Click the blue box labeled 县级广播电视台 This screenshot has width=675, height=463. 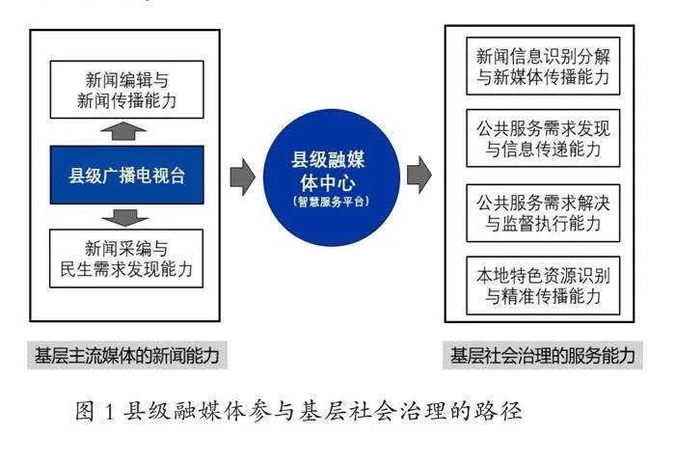(x=127, y=175)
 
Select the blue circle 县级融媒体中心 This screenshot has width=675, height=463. (x=332, y=177)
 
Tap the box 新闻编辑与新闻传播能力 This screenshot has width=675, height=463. (x=127, y=90)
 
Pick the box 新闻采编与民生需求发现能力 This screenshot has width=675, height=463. (x=126, y=259)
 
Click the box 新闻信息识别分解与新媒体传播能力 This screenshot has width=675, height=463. (x=543, y=66)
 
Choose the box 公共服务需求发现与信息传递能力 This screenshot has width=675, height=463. (x=543, y=138)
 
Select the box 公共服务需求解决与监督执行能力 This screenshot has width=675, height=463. (x=543, y=213)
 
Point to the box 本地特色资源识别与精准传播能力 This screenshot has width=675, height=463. (x=543, y=286)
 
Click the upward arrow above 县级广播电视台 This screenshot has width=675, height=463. (x=123, y=131)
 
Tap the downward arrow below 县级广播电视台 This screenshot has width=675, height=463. (x=125, y=218)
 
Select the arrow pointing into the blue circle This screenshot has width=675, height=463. (x=243, y=177)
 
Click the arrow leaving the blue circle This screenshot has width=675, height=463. (x=418, y=175)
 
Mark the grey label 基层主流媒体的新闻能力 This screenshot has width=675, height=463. (x=127, y=356)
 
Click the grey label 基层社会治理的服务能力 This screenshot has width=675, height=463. (x=543, y=356)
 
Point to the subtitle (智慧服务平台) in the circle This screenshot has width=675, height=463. (x=331, y=202)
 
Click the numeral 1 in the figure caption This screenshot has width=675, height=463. (x=108, y=412)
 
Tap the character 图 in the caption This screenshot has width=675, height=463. (x=85, y=411)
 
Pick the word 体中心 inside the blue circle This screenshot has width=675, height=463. (x=328, y=182)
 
